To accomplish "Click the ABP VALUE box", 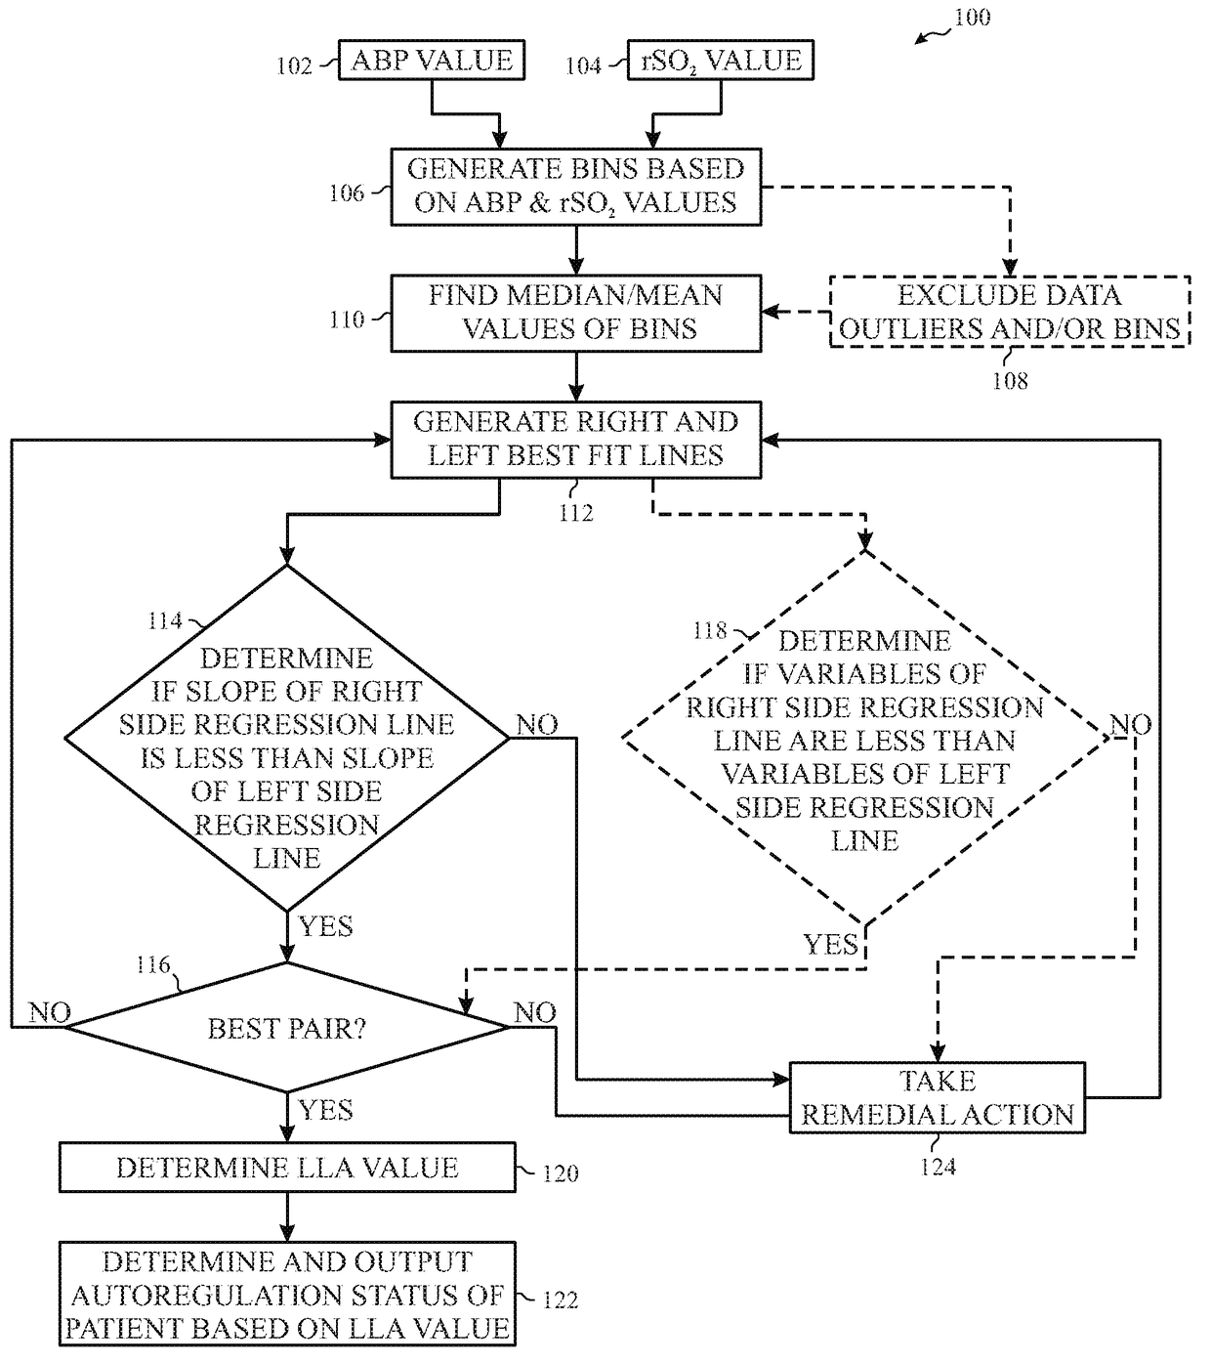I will click(431, 61).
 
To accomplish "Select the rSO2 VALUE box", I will click(721, 61).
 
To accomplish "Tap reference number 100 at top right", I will click(971, 18).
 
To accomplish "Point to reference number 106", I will click(347, 192).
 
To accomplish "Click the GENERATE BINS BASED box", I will click(575, 186).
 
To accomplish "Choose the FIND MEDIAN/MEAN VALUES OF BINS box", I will click(575, 313).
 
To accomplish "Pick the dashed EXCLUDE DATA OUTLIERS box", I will click(1009, 313).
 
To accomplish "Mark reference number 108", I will click(1010, 381).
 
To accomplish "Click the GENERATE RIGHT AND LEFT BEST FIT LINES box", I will click(575, 439).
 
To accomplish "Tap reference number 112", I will click(576, 513).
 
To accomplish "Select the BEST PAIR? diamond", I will click(287, 1028).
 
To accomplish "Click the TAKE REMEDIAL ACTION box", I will click(937, 1098).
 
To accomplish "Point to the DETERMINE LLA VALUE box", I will click(287, 1169).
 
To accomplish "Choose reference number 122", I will click(560, 1299).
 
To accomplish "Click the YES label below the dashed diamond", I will click(830, 945).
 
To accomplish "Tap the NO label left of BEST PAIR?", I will click(50, 1012).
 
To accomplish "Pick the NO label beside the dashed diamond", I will click(1131, 725).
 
